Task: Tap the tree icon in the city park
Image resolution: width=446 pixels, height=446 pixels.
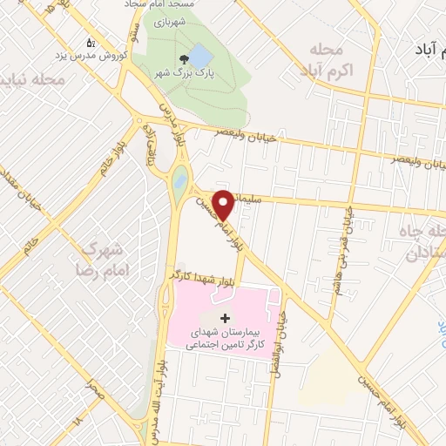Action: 183,59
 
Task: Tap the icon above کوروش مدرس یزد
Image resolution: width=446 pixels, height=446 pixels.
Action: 91,42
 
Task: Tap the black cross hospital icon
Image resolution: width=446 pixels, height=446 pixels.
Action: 225,317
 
